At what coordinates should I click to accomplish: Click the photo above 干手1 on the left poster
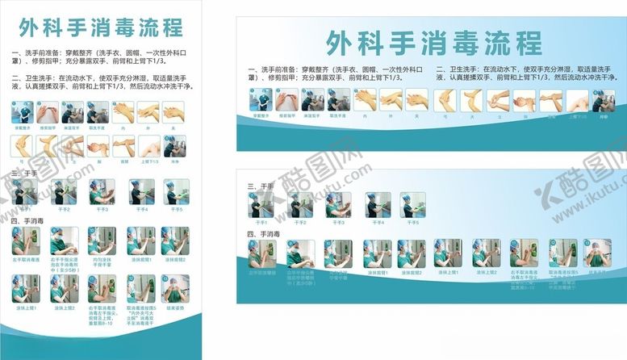click(24, 192)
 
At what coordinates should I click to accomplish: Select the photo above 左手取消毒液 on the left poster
click(24, 240)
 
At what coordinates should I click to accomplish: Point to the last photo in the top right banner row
click(603, 99)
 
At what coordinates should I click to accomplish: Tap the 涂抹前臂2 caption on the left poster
click(175, 259)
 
